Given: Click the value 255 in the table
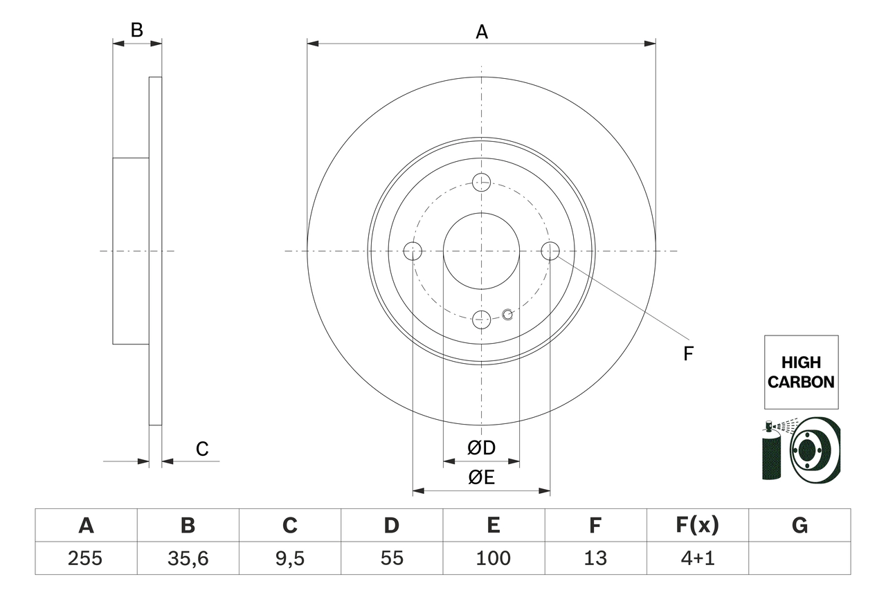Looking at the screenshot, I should pos(86,558).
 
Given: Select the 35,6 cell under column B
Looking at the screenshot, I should pos(188,558).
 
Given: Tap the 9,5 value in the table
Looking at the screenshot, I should pos(289,558).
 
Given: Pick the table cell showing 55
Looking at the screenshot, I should pos(391,558).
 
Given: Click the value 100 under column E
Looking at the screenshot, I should pos(493,558).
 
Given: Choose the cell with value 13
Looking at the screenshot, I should pos(595,558).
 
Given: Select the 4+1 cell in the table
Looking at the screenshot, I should pos(697,558).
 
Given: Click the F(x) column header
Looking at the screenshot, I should pos(697,526).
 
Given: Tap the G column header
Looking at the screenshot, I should pos(799,526).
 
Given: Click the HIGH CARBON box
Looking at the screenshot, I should pos(801,372).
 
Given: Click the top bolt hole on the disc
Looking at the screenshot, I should pos(481,183).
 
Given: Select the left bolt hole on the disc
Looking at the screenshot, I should pos(413,251).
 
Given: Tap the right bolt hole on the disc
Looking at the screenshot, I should pos(550,251).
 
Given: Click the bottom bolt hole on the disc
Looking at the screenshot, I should pos(481,320).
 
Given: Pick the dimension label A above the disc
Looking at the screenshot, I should pos(481,31).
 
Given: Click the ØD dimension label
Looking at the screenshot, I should pos(481,448).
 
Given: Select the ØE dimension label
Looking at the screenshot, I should pos(481,478).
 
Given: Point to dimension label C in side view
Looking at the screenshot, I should pos(201,449).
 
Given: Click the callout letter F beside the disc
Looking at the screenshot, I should pos(687,354).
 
